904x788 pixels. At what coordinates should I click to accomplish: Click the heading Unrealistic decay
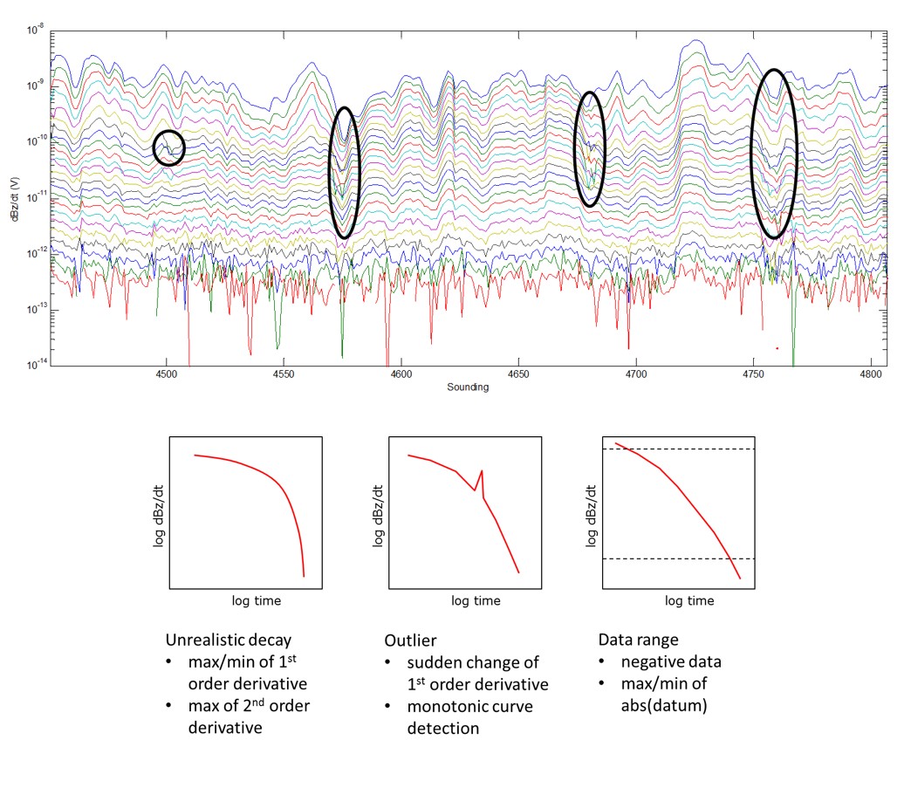point(228,640)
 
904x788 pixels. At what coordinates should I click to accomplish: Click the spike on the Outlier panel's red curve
point(481,472)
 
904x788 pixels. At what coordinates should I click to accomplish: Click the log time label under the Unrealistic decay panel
point(256,601)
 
